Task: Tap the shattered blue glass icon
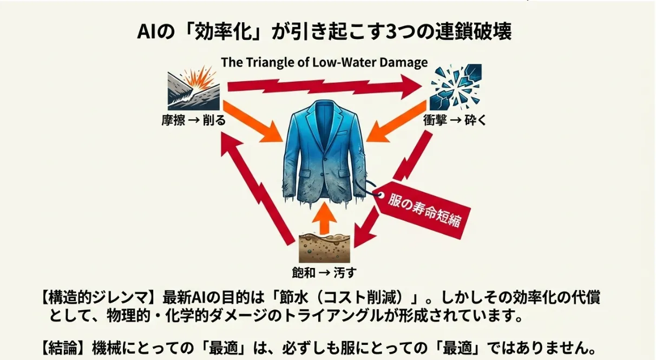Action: [x=456, y=87]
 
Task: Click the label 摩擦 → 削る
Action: [x=194, y=120]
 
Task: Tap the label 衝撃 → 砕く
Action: [x=455, y=120]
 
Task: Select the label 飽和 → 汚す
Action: [x=324, y=273]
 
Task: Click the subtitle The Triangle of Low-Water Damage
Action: [x=324, y=62]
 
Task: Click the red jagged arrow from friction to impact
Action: [x=325, y=86]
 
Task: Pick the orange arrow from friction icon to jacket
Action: [x=252, y=122]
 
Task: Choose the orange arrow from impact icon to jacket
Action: [x=396, y=122]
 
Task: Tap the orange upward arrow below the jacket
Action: [x=325, y=218]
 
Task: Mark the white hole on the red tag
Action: [x=381, y=195]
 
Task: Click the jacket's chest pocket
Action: [x=342, y=133]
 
